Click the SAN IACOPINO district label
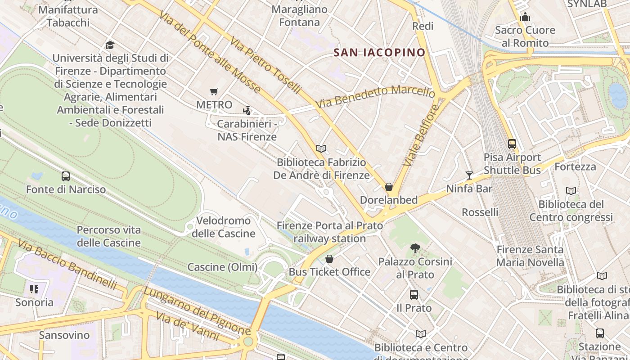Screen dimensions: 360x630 pos(379,53)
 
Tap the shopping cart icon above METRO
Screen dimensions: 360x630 pos(214,92)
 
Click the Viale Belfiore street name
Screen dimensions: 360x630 pos(420,135)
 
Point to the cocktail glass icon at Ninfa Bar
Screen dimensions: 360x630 pos(469,175)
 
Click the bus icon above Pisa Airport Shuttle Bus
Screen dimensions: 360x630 pos(512,144)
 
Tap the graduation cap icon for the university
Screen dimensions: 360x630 pos(110,45)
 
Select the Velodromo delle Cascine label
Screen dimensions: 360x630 pos(224,227)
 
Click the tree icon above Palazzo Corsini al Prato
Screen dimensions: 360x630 pos(415,248)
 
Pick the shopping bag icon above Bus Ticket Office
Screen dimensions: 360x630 pos(329,259)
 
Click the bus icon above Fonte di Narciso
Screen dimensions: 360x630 pos(66,176)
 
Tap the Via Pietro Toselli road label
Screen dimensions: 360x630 pos(265,66)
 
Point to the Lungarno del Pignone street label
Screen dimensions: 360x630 pos(197,310)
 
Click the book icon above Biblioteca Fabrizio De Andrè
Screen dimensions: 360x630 pos(321,148)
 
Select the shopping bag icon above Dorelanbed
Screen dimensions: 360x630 pos(389,187)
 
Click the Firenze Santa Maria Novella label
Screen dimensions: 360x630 pos(530,256)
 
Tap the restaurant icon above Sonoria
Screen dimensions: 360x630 pos(34,289)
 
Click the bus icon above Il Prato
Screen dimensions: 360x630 pos(414,295)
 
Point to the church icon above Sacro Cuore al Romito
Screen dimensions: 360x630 pos(525,17)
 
